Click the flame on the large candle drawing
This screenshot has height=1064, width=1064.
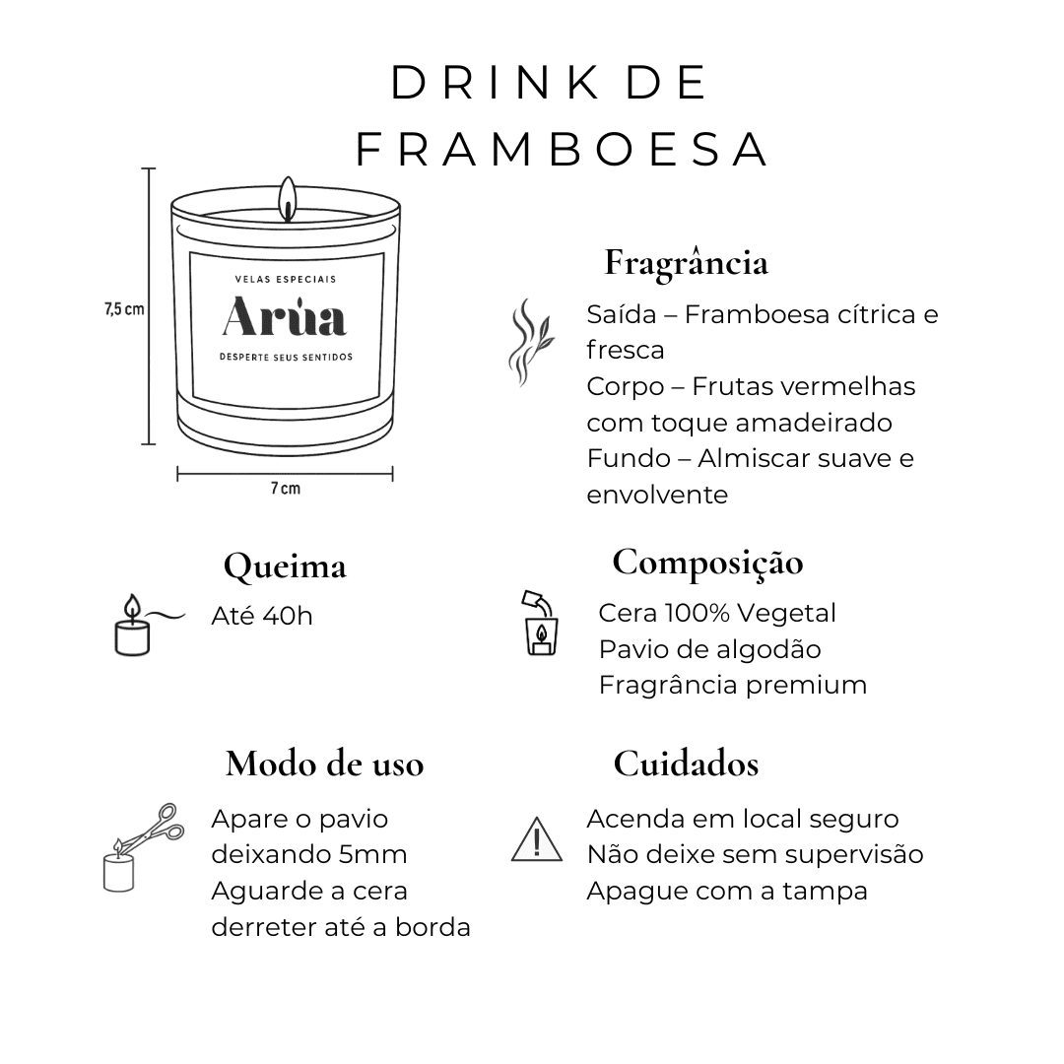288,198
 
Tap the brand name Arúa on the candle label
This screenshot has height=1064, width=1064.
285,317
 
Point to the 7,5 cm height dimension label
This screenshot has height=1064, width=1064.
124,309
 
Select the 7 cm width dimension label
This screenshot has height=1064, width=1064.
285,489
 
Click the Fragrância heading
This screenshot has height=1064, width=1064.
686,263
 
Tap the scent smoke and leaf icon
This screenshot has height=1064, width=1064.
531,342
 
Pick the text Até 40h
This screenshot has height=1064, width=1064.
262,616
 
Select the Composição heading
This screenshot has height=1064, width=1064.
707,564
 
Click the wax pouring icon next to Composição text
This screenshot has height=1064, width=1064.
541,623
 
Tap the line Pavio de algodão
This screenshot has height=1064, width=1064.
709,649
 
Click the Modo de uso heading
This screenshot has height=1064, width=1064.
324,765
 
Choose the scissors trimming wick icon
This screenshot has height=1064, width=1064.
143,847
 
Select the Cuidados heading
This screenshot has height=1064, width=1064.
686,765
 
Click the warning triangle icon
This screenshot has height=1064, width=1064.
537,839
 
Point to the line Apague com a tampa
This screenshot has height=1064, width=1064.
727,891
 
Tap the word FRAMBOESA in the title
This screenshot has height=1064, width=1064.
563,150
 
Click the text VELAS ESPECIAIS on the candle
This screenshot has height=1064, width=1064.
286,279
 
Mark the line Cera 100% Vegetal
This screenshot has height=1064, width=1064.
717,614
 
